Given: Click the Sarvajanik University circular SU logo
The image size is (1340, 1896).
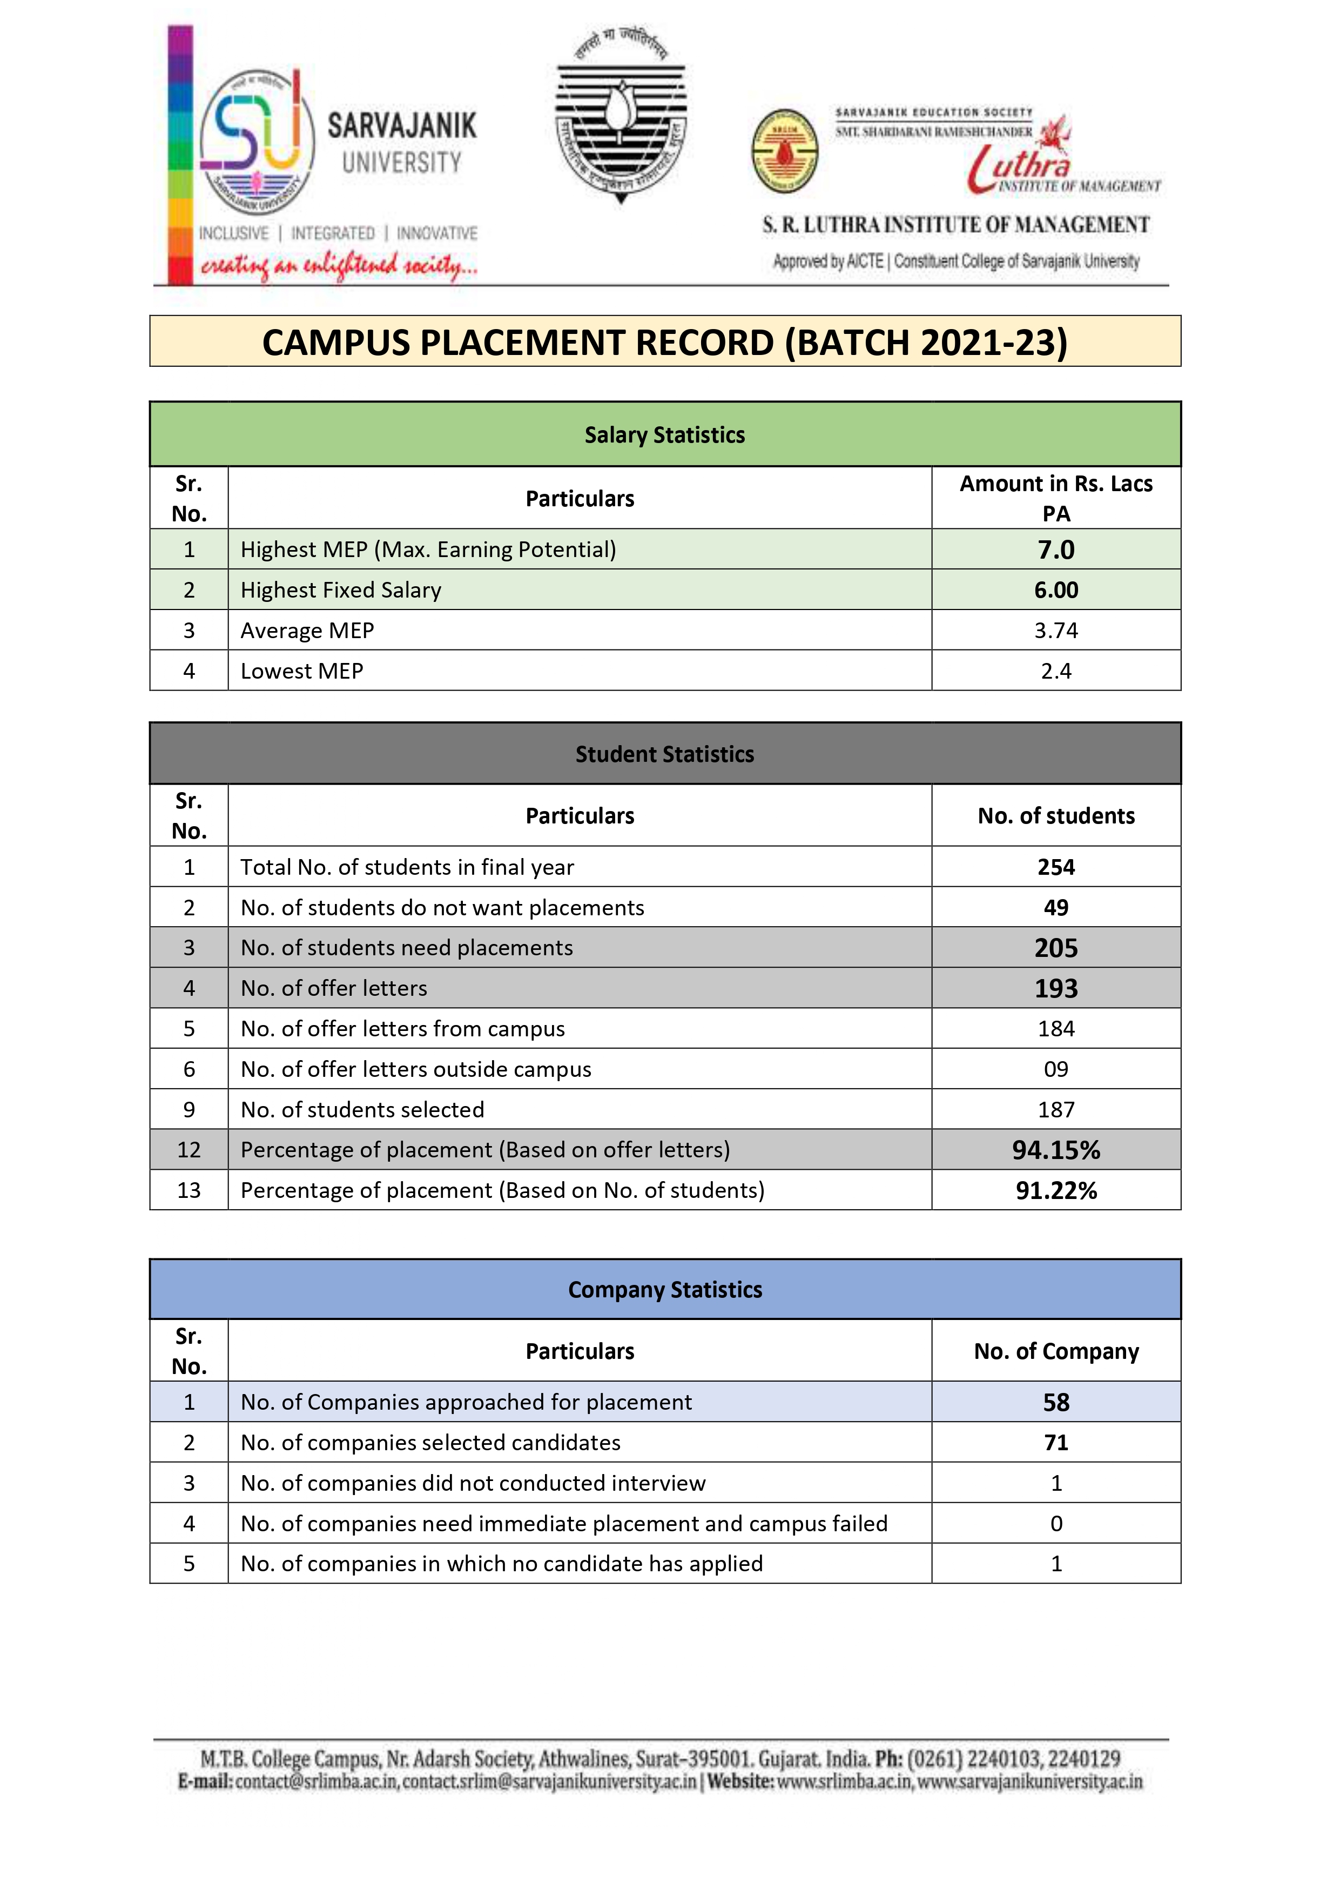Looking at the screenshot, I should tap(257, 143).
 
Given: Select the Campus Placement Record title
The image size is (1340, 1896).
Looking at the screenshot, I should tap(665, 342).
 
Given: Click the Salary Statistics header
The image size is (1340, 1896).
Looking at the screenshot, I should tap(665, 435).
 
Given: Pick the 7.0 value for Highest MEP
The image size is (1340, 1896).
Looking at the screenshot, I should tap(1055, 550).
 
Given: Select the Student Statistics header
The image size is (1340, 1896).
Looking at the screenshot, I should tap(665, 754).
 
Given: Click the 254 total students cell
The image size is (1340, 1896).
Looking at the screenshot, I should tap(1055, 867).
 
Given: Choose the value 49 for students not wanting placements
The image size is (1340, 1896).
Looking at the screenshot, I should tap(1055, 908).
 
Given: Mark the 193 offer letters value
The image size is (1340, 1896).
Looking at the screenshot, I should tap(1055, 988).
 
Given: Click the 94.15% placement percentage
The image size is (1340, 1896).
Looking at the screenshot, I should tap(1055, 1150).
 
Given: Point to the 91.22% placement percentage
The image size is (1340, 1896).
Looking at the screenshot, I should tap(1055, 1191).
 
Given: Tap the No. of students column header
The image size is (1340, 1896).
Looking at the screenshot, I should tap(1055, 816).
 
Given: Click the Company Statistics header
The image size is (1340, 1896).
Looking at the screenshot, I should tap(665, 1290).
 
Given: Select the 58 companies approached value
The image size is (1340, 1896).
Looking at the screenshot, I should tap(1055, 1402).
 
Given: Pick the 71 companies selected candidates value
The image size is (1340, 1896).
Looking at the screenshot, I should tap(1055, 1443).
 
